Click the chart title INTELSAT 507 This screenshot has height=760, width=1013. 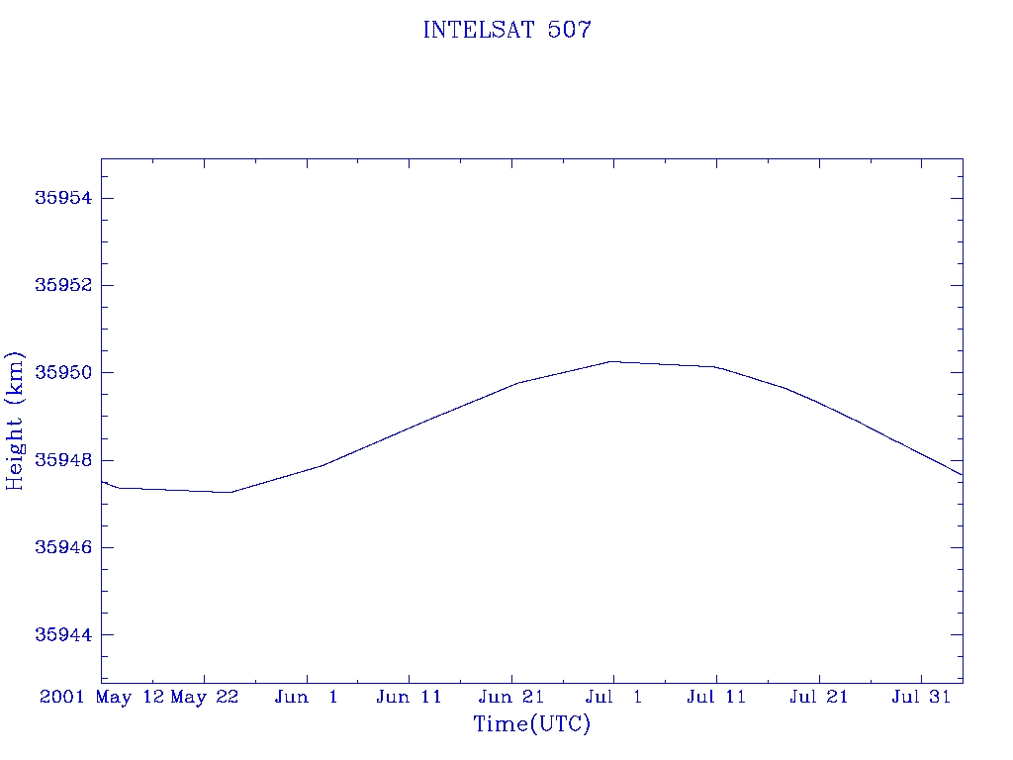pyautogui.click(x=507, y=30)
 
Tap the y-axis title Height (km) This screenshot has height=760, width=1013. pyautogui.click(x=14, y=421)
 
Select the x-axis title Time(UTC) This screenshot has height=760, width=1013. pyautogui.click(x=531, y=723)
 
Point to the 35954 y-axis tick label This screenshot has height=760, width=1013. pyautogui.click(x=63, y=198)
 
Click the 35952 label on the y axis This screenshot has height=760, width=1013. pyautogui.click(x=63, y=285)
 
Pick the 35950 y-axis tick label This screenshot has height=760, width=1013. pyautogui.click(x=63, y=372)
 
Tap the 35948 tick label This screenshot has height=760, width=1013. pyautogui.click(x=63, y=460)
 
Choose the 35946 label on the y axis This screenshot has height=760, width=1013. pyautogui.click(x=63, y=547)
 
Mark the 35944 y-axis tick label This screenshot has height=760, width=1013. pyautogui.click(x=63, y=634)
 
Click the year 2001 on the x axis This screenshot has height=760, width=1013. pyautogui.click(x=62, y=697)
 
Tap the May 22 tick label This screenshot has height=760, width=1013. pyautogui.click(x=204, y=698)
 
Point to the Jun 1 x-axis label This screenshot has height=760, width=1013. pyautogui.click(x=307, y=697)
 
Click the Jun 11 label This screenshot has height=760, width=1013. pyautogui.click(x=409, y=697)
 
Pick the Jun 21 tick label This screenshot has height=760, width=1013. pyautogui.click(x=511, y=697)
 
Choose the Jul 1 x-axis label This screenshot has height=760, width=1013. pyautogui.click(x=613, y=697)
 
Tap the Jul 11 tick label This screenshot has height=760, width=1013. pyautogui.click(x=716, y=697)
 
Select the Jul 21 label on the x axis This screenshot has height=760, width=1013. pyautogui.click(x=818, y=697)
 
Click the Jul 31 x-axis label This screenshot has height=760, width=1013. pyautogui.click(x=921, y=697)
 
